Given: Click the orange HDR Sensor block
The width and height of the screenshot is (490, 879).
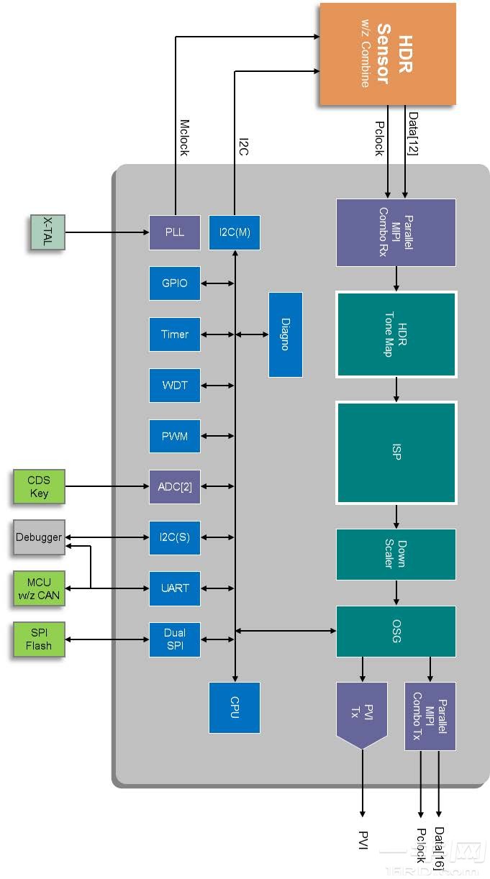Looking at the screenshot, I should point(387,54).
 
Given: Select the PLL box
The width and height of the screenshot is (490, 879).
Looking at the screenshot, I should point(175,232).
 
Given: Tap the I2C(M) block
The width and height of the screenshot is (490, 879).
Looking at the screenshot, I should point(235,232).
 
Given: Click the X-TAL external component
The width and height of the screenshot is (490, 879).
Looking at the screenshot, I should point(47,232).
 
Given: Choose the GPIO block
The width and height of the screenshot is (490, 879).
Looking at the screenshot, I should point(175,283).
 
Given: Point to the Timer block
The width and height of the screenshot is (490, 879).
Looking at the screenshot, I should point(175,334).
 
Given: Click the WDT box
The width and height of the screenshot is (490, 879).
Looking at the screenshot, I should point(175,386).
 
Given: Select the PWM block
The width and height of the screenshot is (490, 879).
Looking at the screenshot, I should point(175,436).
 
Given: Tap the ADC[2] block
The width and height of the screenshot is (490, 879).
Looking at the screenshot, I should point(175,487).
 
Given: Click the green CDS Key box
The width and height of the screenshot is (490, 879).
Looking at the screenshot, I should point(39,487).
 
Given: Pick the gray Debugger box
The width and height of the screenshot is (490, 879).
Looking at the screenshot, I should point(39,538).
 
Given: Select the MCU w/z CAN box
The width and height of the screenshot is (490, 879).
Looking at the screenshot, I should point(39,588).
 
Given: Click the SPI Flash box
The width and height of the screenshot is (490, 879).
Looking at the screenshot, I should point(39,639).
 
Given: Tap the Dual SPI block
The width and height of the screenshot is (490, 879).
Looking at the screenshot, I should point(175,639).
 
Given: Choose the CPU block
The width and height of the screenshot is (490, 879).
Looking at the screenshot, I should point(235,708).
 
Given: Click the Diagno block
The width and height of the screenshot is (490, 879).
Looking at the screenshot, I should point(285,334).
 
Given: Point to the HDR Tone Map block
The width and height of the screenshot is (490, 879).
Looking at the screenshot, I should point(396,334).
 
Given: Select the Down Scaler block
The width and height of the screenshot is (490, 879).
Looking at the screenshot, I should point(396,554).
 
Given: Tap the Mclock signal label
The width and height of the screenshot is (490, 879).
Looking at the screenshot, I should point(184,137).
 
